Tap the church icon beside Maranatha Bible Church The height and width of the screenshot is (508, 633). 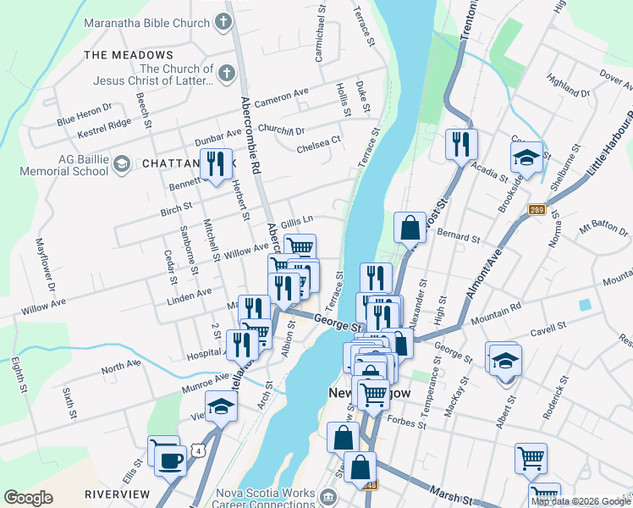click(x=223, y=22)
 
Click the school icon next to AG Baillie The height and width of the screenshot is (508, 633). click(x=121, y=163)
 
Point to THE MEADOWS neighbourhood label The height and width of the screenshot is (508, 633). click(x=118, y=55)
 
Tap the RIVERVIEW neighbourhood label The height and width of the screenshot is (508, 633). click(x=117, y=494)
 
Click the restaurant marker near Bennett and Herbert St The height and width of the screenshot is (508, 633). click(x=216, y=163)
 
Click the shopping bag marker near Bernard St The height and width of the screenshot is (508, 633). click(x=410, y=228)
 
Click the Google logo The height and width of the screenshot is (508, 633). click(x=29, y=498)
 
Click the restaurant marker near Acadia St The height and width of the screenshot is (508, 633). click(x=460, y=145)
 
